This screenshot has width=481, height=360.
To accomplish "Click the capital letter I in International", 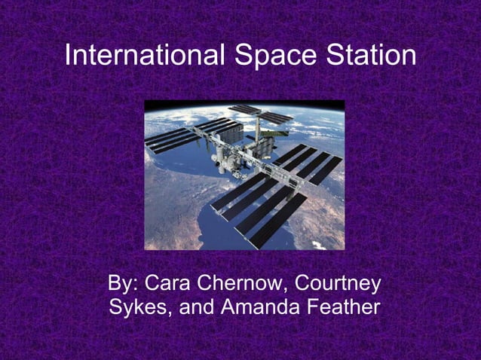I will (69, 56).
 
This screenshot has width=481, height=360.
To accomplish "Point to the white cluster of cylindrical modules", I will (227, 151).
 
